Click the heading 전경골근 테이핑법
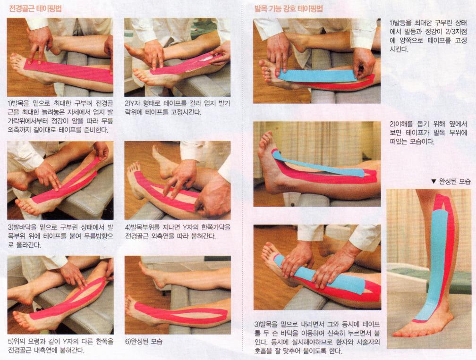tap(35, 8)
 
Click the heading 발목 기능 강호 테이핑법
tap(289, 8)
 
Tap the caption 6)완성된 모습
tap(144, 342)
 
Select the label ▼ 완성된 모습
tap(451, 181)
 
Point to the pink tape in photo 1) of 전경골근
tap(69, 71)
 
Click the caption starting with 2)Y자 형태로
tap(178, 108)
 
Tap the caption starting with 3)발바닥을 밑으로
tap(60, 236)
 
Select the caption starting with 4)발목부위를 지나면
tap(178, 231)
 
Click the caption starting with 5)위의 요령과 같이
tap(60, 346)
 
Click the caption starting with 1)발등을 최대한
tap(428, 36)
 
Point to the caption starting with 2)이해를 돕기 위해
tap(428, 133)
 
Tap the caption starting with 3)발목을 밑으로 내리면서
tap(317, 338)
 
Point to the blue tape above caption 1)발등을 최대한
tap(317, 76)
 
